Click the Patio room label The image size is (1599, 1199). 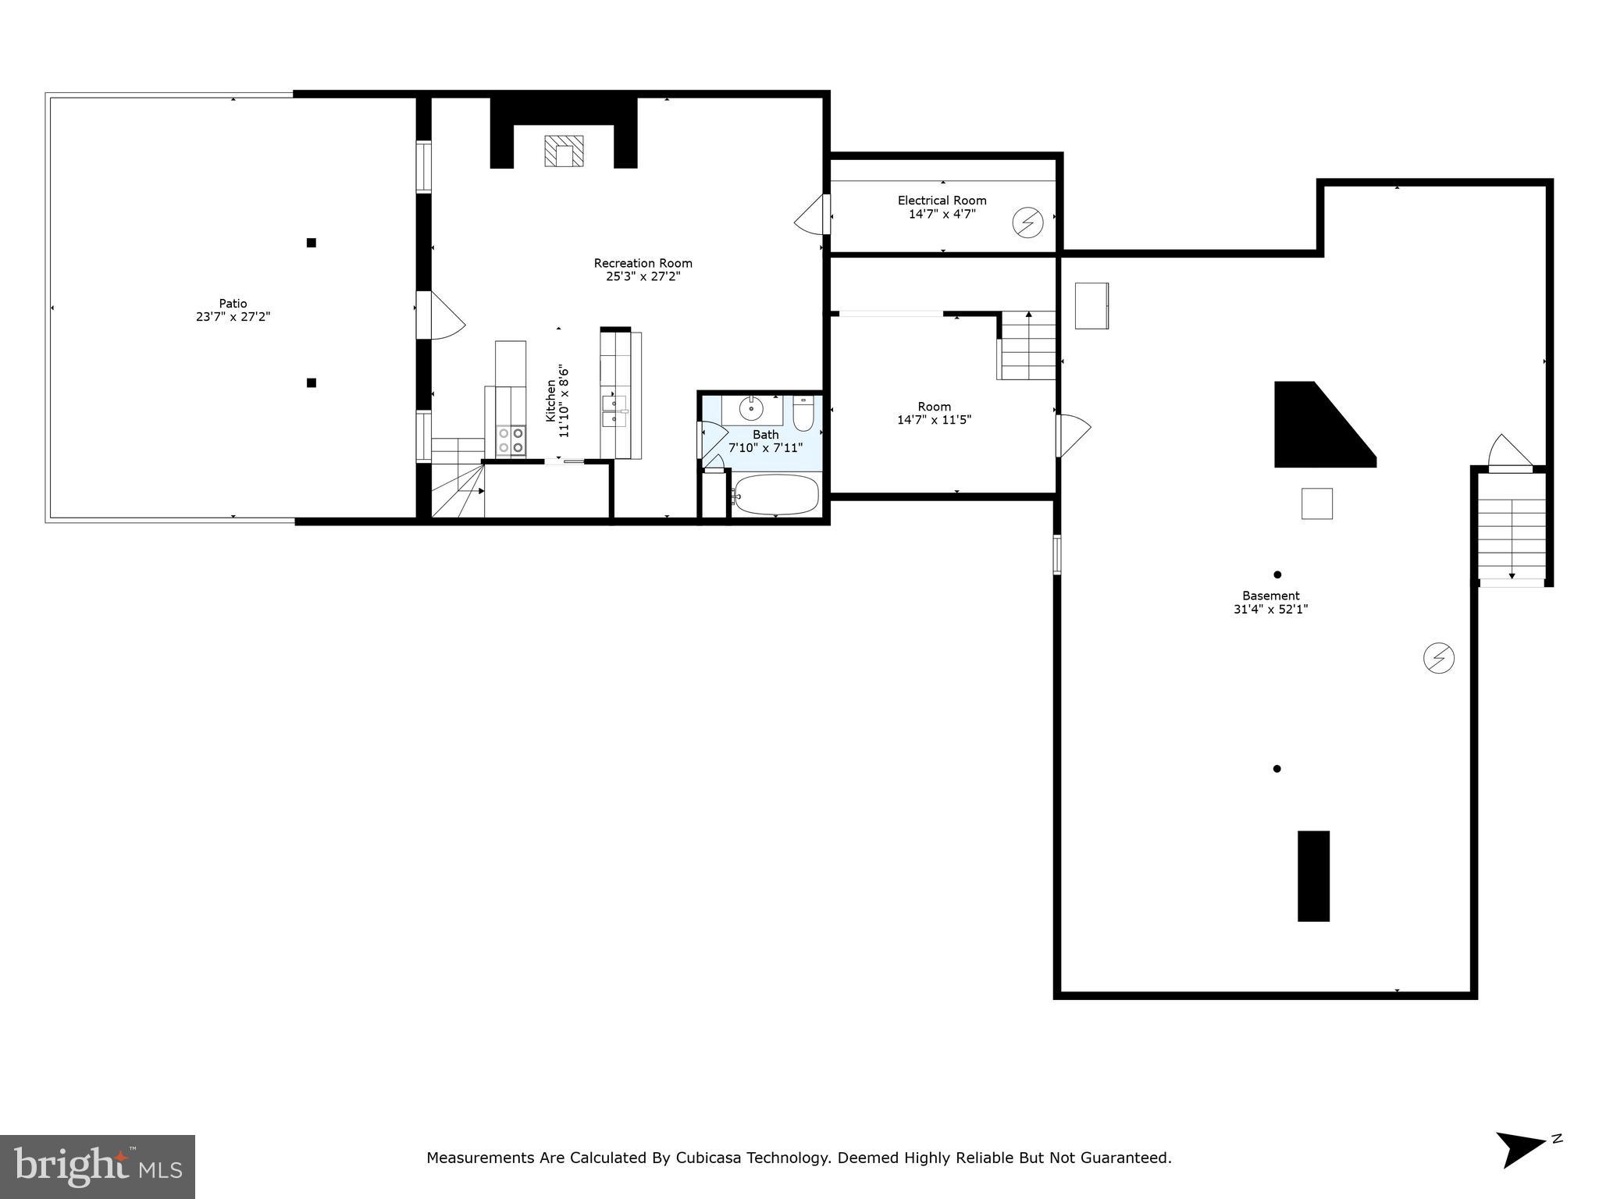coord(233,304)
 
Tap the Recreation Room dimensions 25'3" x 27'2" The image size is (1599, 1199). coord(643,276)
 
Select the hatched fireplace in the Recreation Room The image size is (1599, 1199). coord(564,151)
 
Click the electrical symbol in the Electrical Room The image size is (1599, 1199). coord(1027,223)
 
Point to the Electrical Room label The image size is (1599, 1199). coord(942,201)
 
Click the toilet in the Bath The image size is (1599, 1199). coord(803,414)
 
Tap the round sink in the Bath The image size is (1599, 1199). coord(750,408)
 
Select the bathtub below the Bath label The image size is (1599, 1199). coord(775,495)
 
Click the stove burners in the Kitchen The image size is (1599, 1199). coord(511,440)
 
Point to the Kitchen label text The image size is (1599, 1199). coord(551,401)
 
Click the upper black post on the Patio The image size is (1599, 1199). coord(311,243)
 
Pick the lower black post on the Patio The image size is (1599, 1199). coord(311,382)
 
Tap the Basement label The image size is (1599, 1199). coord(1270,596)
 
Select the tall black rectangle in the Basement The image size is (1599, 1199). coord(1313,876)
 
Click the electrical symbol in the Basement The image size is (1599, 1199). coord(1438,658)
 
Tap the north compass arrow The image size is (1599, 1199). coord(1519,1148)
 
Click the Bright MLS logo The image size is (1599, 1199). coord(98,1166)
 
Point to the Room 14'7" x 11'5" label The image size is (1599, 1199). coord(934,413)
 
